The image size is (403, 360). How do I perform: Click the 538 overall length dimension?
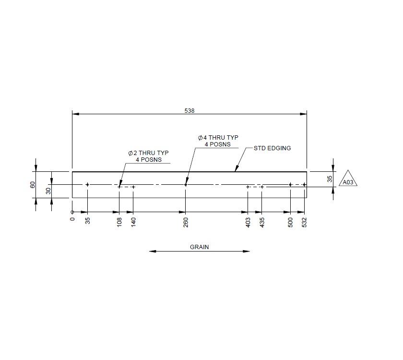190,110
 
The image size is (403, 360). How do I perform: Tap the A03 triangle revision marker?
348,181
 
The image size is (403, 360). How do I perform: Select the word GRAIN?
200,247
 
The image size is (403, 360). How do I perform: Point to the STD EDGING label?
272,148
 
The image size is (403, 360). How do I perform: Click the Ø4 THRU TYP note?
218,141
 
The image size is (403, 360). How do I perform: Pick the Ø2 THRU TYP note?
148,156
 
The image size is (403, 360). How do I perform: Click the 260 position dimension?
186,222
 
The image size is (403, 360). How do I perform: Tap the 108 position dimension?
119,222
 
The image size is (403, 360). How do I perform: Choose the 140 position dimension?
133,222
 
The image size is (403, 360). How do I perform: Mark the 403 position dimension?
248,222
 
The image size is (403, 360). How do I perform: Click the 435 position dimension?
262,222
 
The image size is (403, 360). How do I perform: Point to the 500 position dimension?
290,222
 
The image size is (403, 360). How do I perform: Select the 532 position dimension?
305,222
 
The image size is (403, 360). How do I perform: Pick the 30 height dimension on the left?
48,191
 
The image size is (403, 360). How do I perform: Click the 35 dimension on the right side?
330,179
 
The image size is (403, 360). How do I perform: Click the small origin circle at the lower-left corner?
72,212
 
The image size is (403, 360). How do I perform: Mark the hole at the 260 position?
186,184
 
